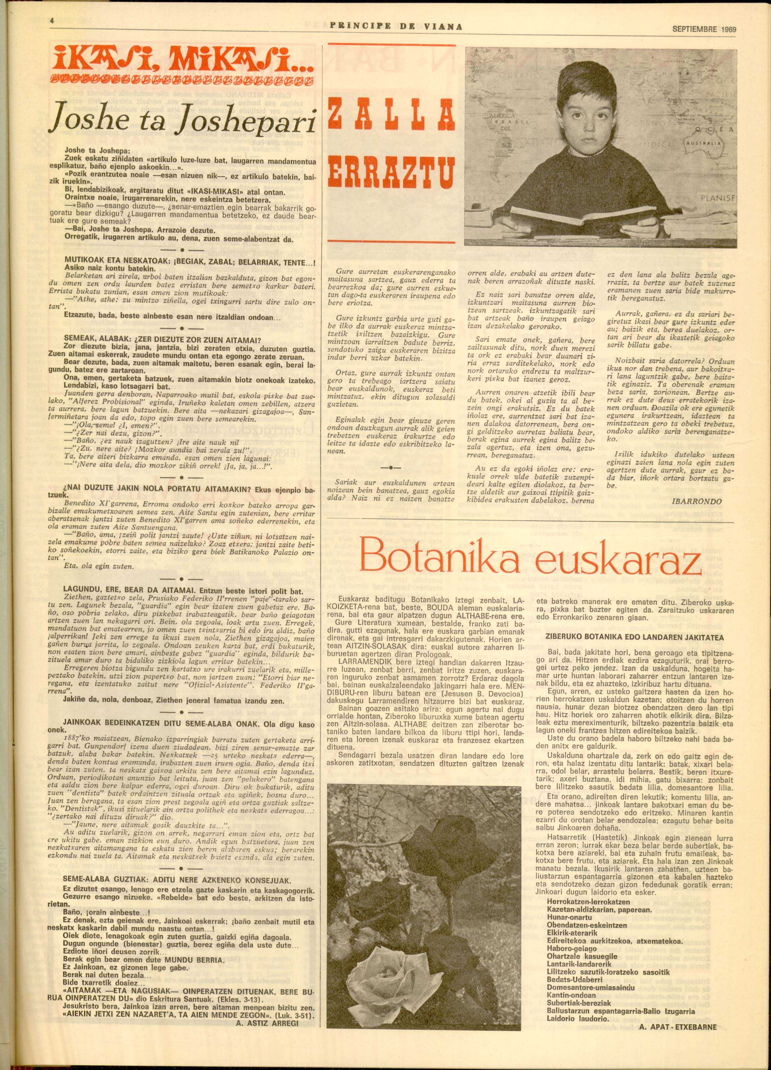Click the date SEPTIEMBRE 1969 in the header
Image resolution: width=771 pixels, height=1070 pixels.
click(704, 29)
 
